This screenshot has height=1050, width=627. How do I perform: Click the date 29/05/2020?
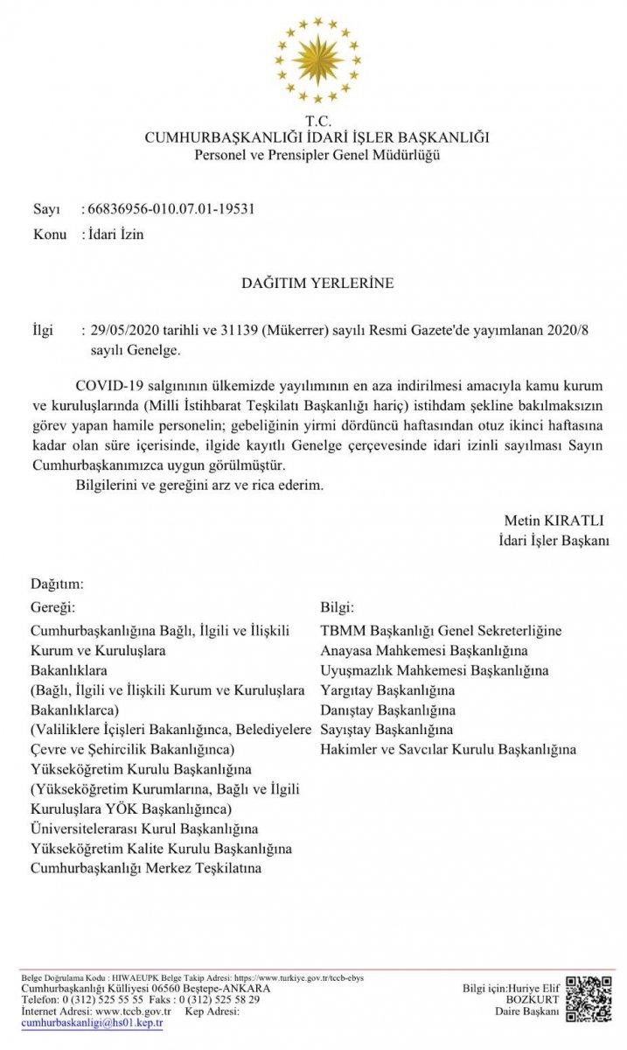click(120, 332)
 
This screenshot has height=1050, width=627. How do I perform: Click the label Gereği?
click(53, 606)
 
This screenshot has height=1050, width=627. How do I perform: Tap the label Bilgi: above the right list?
click(338, 606)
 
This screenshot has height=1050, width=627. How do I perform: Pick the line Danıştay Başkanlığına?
click(388, 710)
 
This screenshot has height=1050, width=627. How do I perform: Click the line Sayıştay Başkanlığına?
click(387, 730)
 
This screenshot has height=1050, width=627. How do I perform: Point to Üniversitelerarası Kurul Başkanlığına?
click(145, 828)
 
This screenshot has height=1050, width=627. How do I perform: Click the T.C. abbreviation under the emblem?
click(317, 122)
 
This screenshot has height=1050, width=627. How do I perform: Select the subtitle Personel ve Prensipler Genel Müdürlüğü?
click(317, 155)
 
